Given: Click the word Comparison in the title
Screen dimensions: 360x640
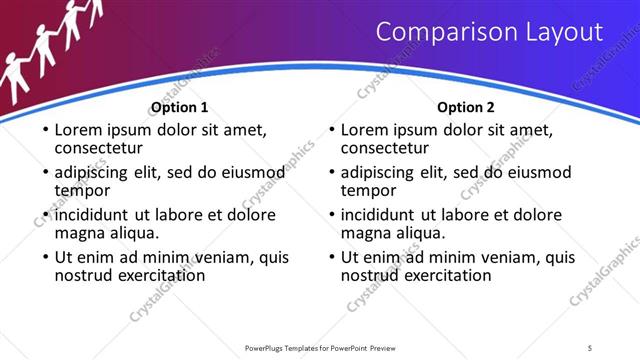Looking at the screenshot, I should tap(446, 33).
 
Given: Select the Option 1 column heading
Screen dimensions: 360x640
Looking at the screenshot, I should tap(180, 107).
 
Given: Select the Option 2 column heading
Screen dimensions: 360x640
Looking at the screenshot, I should tap(466, 107).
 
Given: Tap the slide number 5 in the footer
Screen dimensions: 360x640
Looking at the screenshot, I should tap(590, 347).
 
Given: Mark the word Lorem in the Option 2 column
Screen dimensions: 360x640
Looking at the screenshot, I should tap(365, 130).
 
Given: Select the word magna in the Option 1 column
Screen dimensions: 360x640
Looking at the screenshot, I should tap(82, 233).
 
